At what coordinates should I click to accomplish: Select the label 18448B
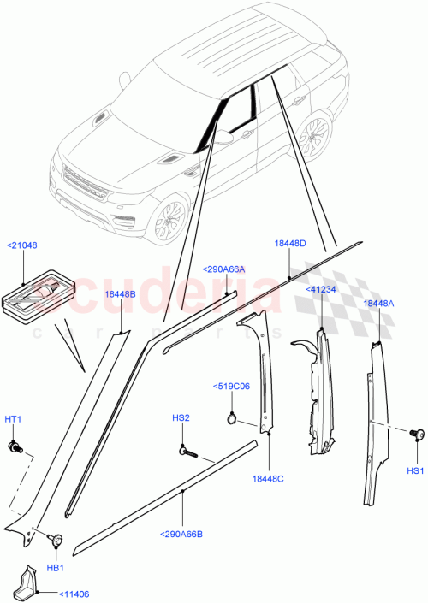(120, 293)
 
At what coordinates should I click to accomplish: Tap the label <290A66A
(224, 269)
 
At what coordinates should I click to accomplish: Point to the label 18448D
(290, 243)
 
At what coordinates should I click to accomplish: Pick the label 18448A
(379, 303)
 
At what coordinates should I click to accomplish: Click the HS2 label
(181, 418)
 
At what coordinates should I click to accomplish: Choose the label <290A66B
(180, 535)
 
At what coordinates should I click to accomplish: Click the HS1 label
(414, 470)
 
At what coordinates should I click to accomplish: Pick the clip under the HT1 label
(15, 446)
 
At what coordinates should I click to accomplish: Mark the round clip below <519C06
(232, 418)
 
